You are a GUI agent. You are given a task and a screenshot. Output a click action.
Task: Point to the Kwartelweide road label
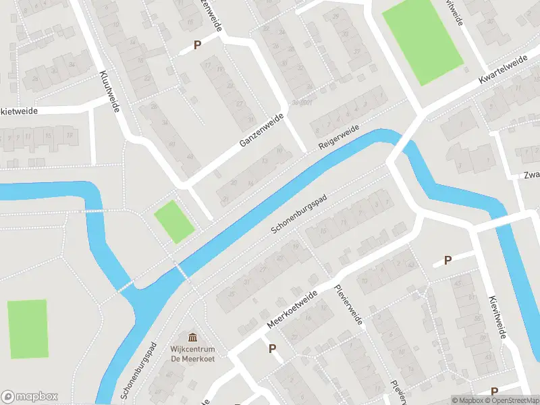[502, 71]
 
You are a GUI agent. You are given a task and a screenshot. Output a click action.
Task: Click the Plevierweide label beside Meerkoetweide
[349, 304]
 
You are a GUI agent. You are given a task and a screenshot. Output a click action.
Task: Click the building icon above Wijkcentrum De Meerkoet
[193, 337]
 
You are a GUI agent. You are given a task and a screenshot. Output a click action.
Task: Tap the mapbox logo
[30, 396]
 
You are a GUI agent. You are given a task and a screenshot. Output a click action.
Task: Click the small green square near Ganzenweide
[174, 221]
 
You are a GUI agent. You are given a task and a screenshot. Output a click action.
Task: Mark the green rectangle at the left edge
[28, 329]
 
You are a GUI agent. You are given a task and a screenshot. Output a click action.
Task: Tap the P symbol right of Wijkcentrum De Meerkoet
[273, 349]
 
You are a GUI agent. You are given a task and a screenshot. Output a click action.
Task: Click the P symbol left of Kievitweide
[447, 261]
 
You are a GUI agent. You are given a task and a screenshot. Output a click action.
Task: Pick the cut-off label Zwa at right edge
[531, 175]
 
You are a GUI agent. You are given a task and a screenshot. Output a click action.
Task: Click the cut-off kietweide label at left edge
[19, 110]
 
